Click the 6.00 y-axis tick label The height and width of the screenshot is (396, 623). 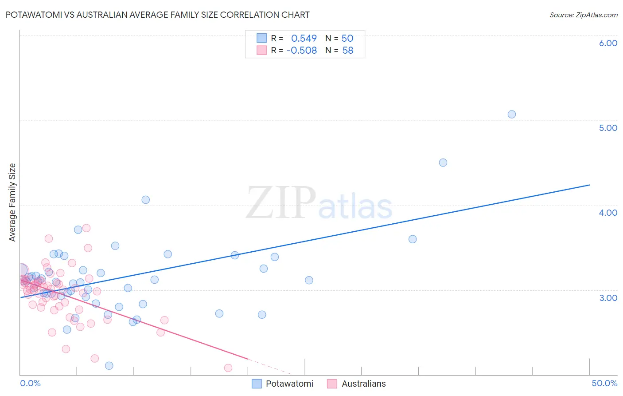click(x=608, y=43)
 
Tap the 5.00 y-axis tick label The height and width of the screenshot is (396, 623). click(x=608, y=128)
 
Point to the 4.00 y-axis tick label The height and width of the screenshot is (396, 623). click(x=608, y=213)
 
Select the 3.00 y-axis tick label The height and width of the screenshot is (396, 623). click(x=608, y=298)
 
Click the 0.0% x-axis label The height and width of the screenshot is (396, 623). click(x=30, y=383)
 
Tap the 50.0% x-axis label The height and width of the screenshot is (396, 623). click(x=604, y=383)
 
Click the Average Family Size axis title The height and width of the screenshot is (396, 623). click(x=12, y=202)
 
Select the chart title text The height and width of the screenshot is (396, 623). click(x=158, y=15)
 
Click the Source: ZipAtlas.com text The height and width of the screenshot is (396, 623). click(x=583, y=15)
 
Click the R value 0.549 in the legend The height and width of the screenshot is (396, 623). click(x=304, y=39)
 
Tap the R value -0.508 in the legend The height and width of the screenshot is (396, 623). click(x=302, y=51)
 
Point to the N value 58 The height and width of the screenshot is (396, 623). click(x=348, y=51)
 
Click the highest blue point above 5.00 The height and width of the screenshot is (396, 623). click(x=512, y=114)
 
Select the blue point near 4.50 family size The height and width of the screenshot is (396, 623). click(x=443, y=162)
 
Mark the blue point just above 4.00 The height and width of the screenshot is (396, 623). click(x=145, y=200)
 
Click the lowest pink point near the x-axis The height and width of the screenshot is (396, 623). click(x=228, y=368)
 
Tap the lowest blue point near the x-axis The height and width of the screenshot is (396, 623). click(x=109, y=366)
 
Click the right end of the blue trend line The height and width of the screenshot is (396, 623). click(x=589, y=185)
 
